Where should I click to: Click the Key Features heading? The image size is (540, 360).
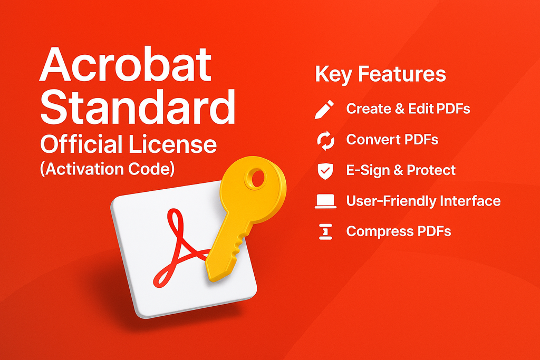coord(380,74)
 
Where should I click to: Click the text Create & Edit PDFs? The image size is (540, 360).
coord(408,109)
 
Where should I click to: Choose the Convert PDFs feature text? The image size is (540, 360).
coord(392,140)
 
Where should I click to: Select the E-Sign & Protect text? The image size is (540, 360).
coord(401,170)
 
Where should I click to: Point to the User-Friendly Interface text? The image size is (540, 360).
coord(423,201)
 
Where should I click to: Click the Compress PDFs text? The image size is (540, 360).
coord(398,231)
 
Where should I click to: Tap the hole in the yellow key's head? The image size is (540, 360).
coord(259,179)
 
